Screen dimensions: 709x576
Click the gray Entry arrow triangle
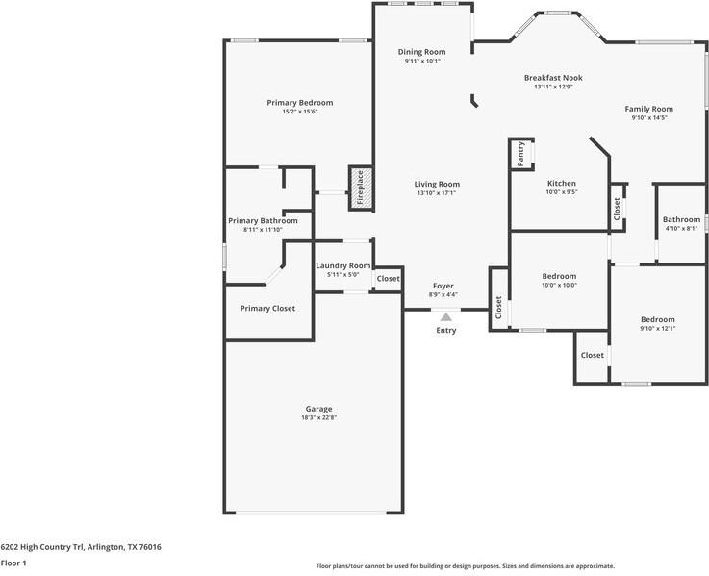(x=446, y=317)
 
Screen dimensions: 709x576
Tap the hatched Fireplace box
(x=361, y=188)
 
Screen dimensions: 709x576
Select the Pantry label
(x=520, y=154)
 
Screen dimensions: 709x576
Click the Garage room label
(x=318, y=409)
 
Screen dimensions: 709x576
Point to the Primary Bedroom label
(x=300, y=103)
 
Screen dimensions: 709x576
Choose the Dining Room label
(x=422, y=52)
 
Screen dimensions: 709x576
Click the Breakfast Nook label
(x=553, y=78)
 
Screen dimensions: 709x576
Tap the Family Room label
(x=648, y=109)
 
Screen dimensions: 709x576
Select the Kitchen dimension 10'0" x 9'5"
(x=562, y=191)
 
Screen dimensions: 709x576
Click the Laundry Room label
(x=343, y=265)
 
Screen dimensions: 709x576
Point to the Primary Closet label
(x=267, y=309)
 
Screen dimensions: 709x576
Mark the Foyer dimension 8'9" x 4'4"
(x=443, y=295)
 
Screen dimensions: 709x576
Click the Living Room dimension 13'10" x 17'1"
(x=437, y=193)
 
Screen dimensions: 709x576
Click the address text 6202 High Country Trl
(x=42, y=547)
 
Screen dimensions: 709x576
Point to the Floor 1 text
(x=13, y=563)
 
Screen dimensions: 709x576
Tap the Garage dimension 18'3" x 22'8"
(x=318, y=417)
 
